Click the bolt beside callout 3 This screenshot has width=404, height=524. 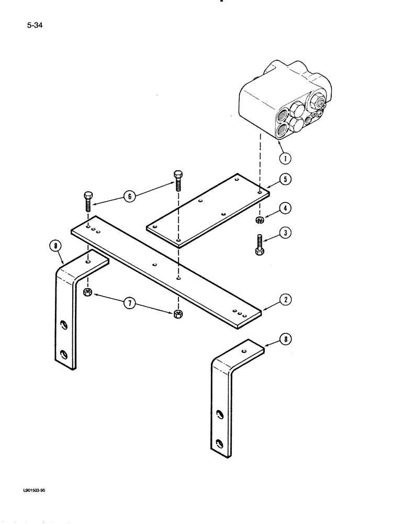coord(260,244)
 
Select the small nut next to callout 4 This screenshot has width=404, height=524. coord(260,219)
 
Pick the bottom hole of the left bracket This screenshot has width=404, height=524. coord(63,355)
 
